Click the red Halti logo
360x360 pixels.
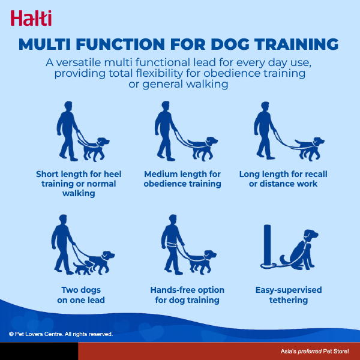tap(31, 18)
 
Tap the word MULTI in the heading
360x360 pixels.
tap(44, 44)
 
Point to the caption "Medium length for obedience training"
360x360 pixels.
tap(182, 179)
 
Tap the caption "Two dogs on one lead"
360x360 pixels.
tap(81, 295)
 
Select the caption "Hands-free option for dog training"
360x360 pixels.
tap(187, 295)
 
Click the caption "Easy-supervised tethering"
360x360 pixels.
tap(289, 295)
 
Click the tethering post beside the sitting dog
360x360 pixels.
tap(267, 245)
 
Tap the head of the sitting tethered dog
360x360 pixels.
tap(310, 235)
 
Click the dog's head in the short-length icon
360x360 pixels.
tap(103, 142)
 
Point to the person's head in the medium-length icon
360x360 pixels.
tap(166, 106)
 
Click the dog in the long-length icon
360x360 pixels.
tap(310, 149)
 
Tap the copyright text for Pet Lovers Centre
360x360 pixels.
tap(61, 334)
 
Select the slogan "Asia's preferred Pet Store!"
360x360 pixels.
tap(314, 351)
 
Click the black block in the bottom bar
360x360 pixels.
tap(39, 351)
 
